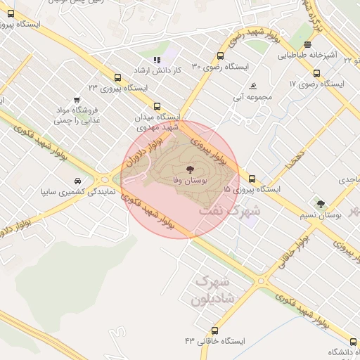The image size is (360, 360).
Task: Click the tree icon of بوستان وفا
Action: pos(188,169)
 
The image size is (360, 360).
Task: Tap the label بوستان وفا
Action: pos(188,181)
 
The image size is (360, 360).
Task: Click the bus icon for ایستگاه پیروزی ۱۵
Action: pos(252,179)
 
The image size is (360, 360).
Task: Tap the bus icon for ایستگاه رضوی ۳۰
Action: pos(221,56)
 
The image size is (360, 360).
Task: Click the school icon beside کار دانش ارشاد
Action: pos(157,61)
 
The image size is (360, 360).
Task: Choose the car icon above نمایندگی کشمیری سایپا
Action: pos(76,181)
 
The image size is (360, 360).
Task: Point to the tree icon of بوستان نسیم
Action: pos(321,205)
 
